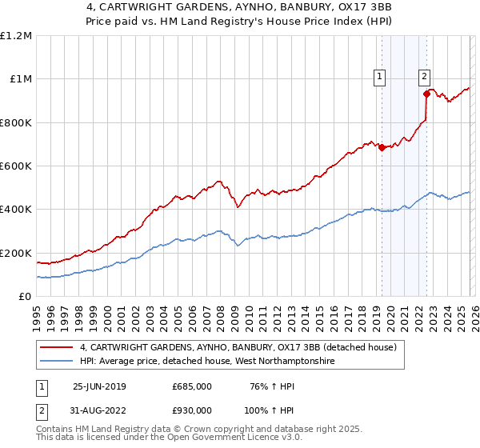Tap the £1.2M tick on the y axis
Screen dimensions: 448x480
16,36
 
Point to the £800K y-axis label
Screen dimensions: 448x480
16,122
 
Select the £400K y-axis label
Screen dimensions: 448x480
16,210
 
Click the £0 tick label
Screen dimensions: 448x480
25,296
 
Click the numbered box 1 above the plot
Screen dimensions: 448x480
379,77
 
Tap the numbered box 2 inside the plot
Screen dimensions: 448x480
424,77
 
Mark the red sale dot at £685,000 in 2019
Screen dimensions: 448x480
382,147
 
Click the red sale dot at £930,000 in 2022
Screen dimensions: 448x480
426,94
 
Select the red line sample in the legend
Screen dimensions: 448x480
58,348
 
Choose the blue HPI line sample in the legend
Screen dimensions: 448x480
58,362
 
